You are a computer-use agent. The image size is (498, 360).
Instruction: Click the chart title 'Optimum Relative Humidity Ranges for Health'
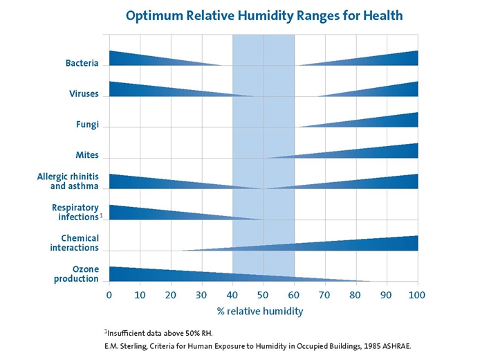tap(264, 15)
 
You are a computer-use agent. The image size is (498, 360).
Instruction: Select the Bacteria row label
tap(82, 63)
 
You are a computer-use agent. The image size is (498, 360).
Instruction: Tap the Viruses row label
tap(84, 93)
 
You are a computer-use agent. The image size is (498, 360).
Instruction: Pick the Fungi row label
tap(87, 125)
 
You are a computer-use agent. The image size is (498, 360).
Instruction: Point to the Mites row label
tap(87, 155)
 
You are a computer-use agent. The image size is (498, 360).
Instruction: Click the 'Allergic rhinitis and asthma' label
tap(68, 181)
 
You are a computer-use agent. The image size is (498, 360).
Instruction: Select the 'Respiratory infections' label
tap(75, 212)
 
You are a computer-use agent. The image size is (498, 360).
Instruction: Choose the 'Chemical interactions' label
tap(74, 243)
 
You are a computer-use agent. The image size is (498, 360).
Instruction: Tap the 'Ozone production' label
tap(76, 273)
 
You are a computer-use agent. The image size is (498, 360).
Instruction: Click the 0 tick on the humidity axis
tap(109, 294)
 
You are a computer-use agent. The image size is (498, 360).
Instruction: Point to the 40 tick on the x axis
tap(232, 294)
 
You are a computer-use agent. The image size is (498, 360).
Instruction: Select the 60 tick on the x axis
tap(294, 294)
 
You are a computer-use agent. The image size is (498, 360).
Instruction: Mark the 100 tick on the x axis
tap(417, 294)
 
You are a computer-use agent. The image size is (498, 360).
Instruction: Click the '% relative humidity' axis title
tap(260, 311)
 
